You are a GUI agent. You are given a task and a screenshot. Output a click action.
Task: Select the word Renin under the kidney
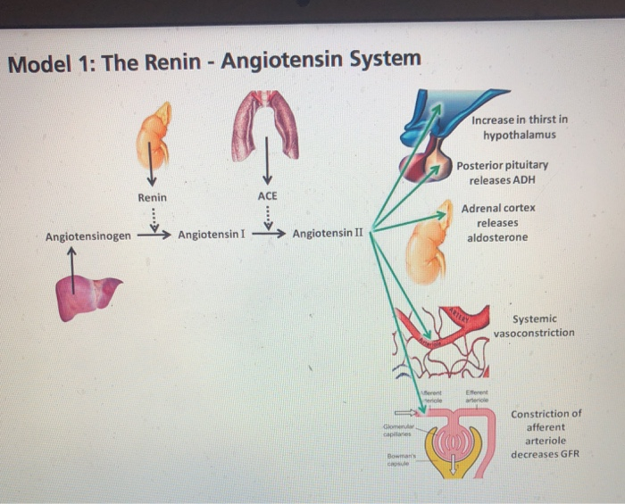click(x=152, y=197)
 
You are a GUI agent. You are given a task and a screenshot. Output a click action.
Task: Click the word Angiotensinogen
click(x=88, y=237)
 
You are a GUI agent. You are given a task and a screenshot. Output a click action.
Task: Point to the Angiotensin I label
click(x=212, y=235)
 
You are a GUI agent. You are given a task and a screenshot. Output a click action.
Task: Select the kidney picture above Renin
click(x=153, y=134)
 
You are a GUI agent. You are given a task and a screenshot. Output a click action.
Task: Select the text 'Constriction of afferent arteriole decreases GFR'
click(x=545, y=434)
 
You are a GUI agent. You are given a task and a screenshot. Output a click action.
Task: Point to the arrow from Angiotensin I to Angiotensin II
click(x=268, y=235)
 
